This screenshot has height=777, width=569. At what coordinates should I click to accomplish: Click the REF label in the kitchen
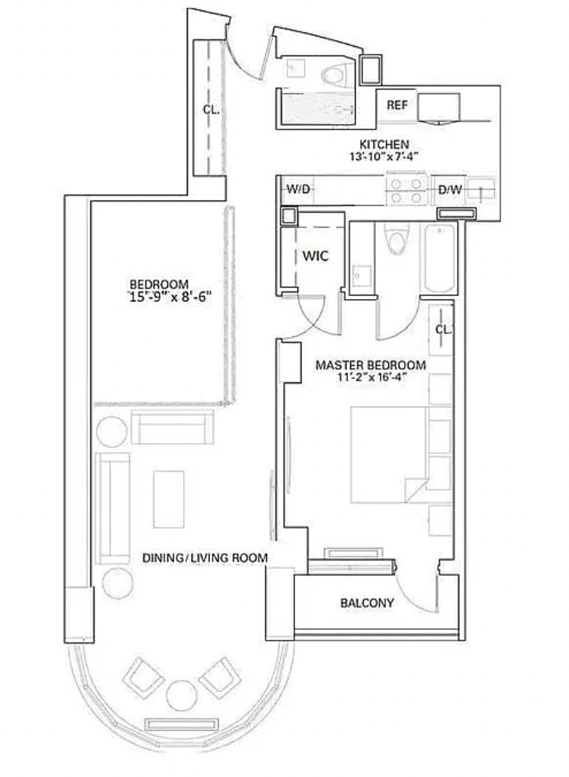(397, 105)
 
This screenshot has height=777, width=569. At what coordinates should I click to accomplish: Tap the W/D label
(298, 189)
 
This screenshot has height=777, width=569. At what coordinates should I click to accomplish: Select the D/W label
(449, 189)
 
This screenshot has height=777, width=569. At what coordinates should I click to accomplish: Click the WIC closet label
(316, 256)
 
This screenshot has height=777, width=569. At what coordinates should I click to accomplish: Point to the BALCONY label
(367, 603)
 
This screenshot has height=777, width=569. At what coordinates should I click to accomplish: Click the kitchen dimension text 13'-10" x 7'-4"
(384, 157)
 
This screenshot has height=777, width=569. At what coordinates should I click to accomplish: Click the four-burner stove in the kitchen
(406, 190)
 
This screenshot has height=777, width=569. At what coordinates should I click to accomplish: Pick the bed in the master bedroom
(389, 455)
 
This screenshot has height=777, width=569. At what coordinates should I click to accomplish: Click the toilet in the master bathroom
(397, 239)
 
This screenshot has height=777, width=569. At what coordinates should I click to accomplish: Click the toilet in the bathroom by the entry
(334, 75)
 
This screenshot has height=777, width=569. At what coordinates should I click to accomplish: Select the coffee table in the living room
(169, 499)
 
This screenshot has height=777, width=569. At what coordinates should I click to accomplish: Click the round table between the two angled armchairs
(182, 696)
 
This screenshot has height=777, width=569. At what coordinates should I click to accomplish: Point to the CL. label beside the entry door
(211, 110)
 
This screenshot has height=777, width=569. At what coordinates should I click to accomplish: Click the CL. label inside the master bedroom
(443, 329)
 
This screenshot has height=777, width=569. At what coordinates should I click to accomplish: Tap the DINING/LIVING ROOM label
(205, 558)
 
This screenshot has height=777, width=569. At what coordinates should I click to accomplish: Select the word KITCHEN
(384, 145)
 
